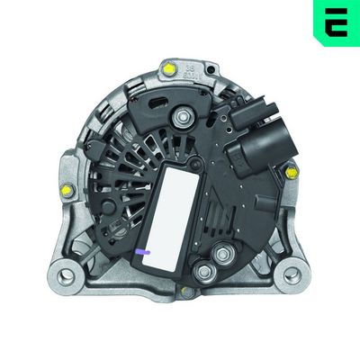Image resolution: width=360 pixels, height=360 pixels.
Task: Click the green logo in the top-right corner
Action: point(336,22)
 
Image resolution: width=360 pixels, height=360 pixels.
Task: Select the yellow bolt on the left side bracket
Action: point(66,190)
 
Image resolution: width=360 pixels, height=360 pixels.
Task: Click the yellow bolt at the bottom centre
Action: point(185,292)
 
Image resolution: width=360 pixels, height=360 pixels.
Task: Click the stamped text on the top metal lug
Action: point(190,69)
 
